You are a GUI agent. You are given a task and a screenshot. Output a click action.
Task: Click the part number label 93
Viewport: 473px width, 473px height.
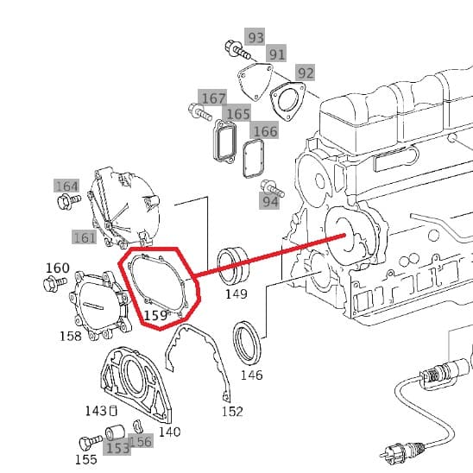255,37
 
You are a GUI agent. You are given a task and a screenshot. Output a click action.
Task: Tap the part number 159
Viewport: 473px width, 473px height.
155,316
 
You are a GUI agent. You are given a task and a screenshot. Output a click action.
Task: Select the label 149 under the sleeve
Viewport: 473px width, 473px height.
236,293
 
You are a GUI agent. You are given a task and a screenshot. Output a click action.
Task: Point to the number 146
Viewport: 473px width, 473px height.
251,375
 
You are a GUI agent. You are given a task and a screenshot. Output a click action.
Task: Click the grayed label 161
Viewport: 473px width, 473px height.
85,238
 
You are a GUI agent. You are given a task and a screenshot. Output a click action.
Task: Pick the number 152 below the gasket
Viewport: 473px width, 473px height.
232,412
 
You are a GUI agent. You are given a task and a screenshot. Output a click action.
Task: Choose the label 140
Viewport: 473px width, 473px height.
169,432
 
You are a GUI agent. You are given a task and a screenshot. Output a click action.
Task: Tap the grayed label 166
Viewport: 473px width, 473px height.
265,132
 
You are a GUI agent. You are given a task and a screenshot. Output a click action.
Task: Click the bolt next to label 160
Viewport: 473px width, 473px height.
55,284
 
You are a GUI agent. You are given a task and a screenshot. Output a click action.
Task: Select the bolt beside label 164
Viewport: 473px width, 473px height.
68,201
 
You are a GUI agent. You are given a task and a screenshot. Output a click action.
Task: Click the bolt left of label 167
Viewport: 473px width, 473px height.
199,111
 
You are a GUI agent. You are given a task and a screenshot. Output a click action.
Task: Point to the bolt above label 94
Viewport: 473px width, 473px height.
272,188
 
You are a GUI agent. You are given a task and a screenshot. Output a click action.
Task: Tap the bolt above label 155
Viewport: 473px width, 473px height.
91,442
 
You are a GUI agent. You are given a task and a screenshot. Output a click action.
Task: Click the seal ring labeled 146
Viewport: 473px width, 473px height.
246,343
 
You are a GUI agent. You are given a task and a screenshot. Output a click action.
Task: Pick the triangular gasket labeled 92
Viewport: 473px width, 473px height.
287,101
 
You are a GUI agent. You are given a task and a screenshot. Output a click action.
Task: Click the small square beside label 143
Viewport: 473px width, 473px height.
113,411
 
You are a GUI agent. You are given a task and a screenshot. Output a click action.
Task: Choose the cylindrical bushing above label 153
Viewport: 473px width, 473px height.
115,432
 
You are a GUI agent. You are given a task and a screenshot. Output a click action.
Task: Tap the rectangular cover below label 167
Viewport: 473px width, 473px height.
224,141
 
